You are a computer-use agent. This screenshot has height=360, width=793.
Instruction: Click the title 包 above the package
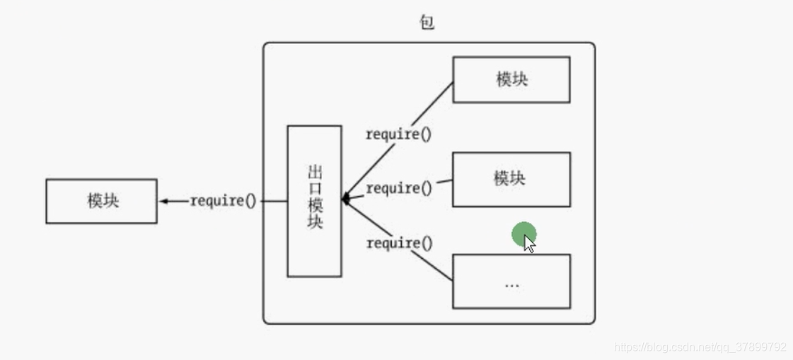pos(427,23)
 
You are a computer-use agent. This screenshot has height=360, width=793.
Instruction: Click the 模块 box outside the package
pos(102,201)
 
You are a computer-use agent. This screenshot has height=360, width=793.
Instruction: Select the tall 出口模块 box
pos(314,201)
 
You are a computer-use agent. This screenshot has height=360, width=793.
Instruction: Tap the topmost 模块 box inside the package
pos(511,79)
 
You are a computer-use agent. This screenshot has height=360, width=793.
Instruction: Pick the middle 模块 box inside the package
pos(511,179)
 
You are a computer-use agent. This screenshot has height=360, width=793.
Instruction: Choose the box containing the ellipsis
pos(511,281)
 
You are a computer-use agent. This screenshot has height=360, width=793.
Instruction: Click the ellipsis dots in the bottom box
pos(512,285)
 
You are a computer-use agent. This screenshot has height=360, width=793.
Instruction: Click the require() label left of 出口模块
pos(223,201)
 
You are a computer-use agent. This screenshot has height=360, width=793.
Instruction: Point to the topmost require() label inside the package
pos(398,134)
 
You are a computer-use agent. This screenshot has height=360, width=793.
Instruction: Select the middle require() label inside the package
pos(398,188)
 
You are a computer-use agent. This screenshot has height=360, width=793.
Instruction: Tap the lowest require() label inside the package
pos(398,243)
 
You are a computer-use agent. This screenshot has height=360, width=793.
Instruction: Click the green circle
pos(524,234)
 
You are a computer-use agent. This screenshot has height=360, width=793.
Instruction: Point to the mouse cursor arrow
pos(529,243)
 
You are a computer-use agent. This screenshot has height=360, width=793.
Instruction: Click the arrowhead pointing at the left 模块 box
pos(163,201)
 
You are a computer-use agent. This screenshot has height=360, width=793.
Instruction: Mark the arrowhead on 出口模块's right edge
pos(346,199)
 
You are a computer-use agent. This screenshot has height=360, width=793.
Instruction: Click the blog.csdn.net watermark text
pos(700,347)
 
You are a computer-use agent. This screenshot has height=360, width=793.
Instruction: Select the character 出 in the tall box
pos(315,172)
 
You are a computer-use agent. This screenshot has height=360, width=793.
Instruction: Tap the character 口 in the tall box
pos(315,188)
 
